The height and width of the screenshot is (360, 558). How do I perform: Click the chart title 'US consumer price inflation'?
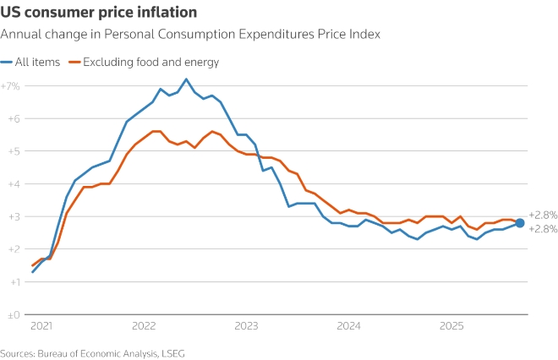pyautogui.click(x=100, y=13)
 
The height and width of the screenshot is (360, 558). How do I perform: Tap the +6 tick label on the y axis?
pyautogui.click(x=13, y=119)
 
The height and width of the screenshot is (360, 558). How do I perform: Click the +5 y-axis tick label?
pyautogui.click(x=13, y=151)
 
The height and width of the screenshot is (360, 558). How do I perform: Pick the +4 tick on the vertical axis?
pyautogui.click(x=13, y=184)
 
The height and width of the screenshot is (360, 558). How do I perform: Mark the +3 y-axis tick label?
pyautogui.click(x=13, y=216)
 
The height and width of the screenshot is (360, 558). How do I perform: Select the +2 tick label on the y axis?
pyautogui.click(x=13, y=249)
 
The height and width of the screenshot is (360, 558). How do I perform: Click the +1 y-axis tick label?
pyautogui.click(x=13, y=282)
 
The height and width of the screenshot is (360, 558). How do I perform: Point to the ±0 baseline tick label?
pyautogui.click(x=13, y=314)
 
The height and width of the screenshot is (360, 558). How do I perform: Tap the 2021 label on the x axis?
pyautogui.click(x=41, y=325)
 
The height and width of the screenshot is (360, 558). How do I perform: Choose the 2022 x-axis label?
pyautogui.click(x=144, y=325)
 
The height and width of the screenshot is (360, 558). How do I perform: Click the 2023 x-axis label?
pyautogui.click(x=246, y=325)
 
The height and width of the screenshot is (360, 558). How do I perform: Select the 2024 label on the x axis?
pyautogui.click(x=348, y=325)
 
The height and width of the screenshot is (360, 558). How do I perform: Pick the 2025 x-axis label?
pyautogui.click(x=451, y=325)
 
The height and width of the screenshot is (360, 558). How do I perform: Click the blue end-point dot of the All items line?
pyautogui.click(x=520, y=223)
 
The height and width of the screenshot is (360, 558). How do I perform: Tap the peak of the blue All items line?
pyautogui.click(x=186, y=79)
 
